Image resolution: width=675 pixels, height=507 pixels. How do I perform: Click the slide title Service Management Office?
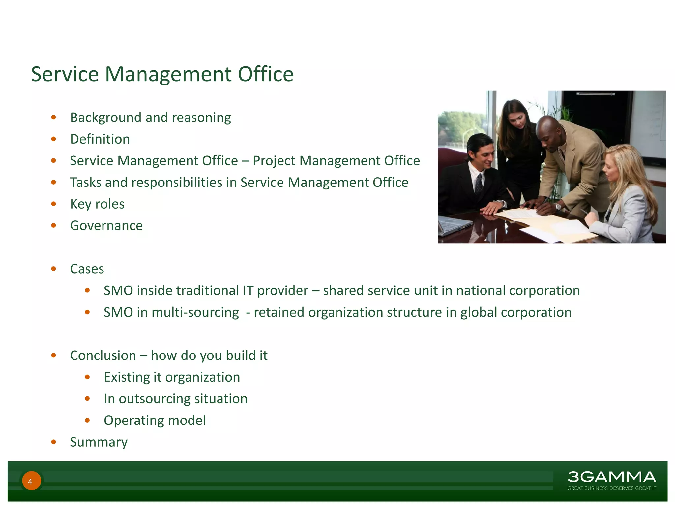162,74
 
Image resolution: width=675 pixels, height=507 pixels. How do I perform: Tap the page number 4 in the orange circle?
30,481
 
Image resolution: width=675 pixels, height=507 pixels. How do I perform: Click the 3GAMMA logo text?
611,477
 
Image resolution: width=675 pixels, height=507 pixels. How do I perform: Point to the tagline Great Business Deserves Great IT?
611,488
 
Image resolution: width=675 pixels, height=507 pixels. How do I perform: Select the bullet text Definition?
100,139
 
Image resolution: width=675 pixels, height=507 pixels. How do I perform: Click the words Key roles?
97,204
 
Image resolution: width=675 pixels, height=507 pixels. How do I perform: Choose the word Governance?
106,226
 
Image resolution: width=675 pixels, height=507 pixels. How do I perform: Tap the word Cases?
87,269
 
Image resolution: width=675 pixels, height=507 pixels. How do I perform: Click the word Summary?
99,442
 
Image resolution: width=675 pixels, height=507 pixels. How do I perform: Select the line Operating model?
155,421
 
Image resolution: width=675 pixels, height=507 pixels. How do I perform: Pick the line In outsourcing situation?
175,399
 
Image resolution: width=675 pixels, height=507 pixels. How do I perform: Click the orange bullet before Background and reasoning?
54,118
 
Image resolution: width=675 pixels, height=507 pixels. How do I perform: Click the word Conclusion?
103,355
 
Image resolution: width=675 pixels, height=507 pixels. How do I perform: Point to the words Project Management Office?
336,161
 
